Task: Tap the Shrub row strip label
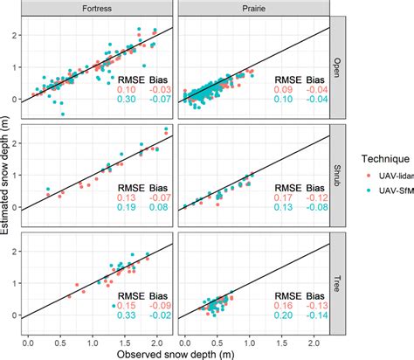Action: tap(336, 172)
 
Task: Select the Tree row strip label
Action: tap(336, 280)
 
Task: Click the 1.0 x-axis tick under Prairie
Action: tap(249, 336)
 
